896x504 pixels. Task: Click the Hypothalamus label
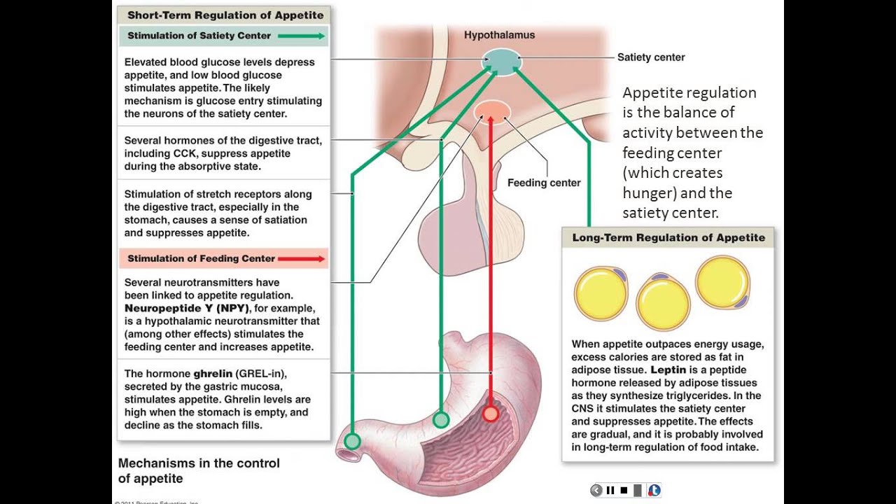coord(499,35)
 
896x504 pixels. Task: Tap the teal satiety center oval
coord(502,61)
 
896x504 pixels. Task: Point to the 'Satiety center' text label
coord(650,57)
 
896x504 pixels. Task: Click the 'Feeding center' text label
coord(544,183)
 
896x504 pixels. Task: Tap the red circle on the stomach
coord(491,414)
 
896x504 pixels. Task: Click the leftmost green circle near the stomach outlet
coord(352,441)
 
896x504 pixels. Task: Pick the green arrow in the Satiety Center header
coord(302,36)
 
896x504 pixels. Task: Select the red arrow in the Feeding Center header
coord(301,258)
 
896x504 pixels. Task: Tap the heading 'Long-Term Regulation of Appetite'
coord(668,237)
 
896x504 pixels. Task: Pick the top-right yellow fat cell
coord(722,282)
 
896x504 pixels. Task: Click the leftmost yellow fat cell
coord(601,293)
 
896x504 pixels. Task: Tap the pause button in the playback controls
coord(610,490)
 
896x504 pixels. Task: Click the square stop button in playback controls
coord(624,490)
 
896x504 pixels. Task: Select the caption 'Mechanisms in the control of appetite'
coord(199,470)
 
